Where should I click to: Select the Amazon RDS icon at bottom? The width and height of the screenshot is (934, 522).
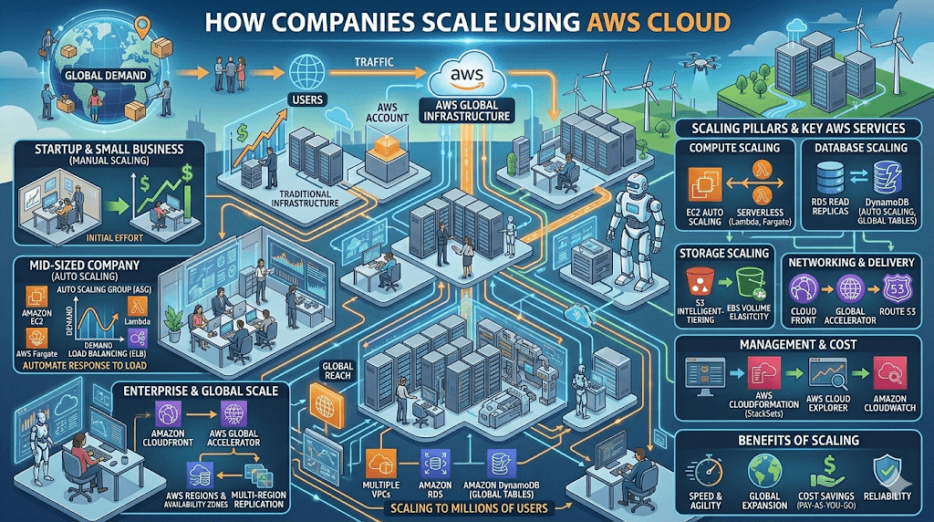coord(433,463)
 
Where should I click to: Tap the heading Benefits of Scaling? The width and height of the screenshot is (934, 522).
coord(800,440)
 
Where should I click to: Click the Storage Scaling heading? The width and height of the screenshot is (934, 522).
coord(724,253)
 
